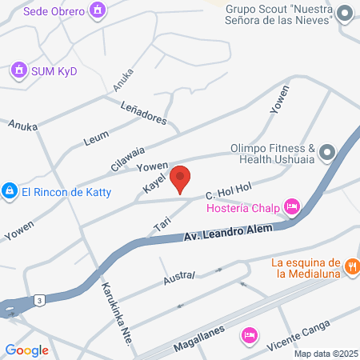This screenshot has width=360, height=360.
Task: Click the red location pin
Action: point(180,178)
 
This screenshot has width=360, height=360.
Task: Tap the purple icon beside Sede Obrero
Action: point(98,10)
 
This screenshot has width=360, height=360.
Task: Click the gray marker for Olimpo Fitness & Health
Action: point(326,152)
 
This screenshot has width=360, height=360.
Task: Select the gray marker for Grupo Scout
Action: point(346,13)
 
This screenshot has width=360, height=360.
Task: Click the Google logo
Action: point(27,350)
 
